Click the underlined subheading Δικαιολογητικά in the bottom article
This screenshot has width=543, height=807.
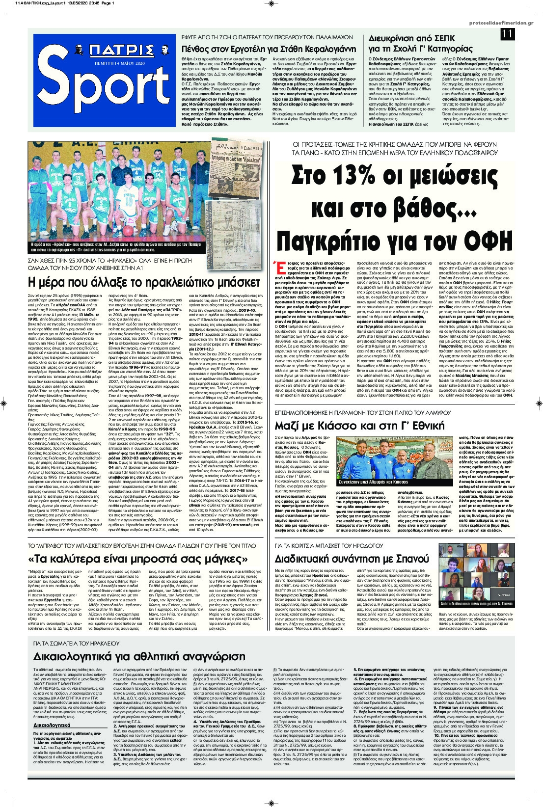pyautogui.click(x=52, y=725)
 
